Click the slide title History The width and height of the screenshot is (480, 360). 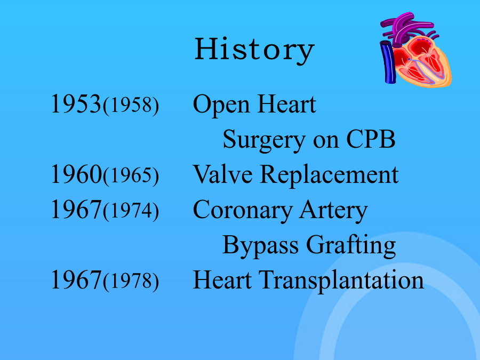(254, 50)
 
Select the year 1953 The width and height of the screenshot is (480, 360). (76, 104)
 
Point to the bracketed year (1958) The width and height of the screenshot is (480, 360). (131, 105)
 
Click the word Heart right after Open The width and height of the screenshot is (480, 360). (287, 104)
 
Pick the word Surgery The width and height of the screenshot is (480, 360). (264, 140)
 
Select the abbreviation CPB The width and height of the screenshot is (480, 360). (371, 139)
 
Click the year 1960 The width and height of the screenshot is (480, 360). (76, 174)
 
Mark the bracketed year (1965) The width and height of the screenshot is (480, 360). (131, 175)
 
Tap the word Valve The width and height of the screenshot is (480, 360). (222, 174)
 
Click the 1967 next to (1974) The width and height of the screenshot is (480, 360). (76, 209)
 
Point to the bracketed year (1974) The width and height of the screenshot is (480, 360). (131, 211)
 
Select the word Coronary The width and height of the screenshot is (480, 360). (243, 211)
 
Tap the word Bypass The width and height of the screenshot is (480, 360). (260, 246)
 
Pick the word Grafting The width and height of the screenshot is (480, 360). (351, 246)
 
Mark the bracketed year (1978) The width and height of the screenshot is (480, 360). (131, 281)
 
